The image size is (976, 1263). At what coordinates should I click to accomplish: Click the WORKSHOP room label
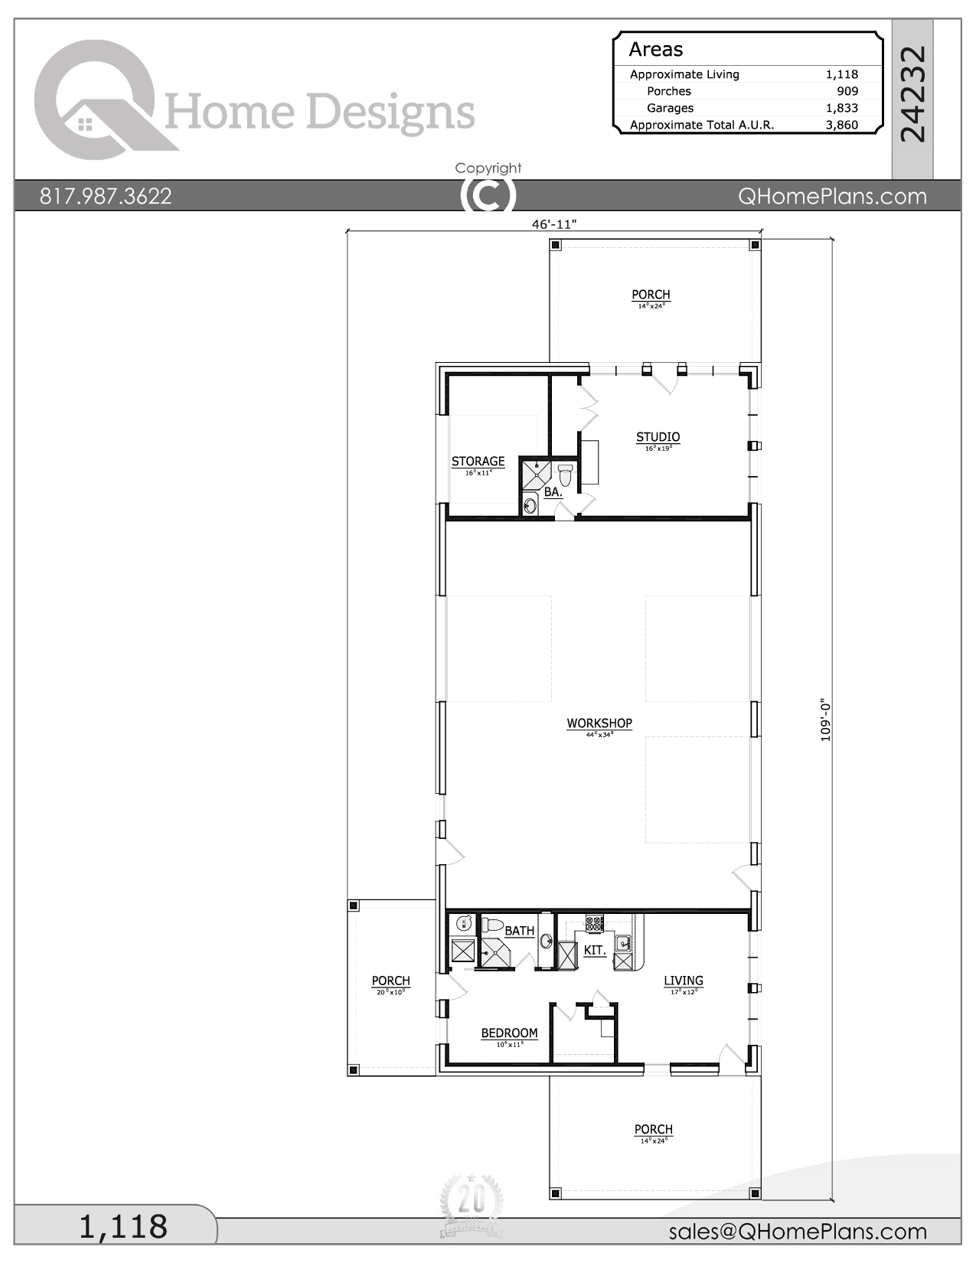click(599, 723)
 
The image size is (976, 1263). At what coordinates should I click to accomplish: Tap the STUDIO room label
click(658, 437)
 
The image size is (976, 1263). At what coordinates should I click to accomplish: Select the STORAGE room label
click(478, 461)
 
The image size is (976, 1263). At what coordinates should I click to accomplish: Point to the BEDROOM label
click(509, 1033)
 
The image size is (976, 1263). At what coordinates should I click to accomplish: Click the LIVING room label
click(683, 981)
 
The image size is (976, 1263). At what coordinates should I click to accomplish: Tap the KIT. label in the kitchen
click(595, 950)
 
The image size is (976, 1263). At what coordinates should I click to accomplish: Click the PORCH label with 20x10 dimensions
click(390, 981)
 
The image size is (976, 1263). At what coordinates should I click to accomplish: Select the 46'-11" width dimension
click(553, 224)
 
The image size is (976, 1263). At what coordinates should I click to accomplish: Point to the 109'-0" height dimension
click(825, 719)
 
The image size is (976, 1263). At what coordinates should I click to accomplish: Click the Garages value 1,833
click(841, 108)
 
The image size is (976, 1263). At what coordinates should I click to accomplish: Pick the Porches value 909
click(847, 91)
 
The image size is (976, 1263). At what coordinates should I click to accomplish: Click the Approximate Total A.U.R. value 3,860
click(841, 125)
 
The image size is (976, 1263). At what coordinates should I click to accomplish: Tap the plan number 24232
click(912, 94)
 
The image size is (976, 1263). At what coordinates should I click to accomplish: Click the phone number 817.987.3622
click(106, 196)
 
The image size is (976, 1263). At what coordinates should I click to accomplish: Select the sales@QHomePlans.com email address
click(798, 1232)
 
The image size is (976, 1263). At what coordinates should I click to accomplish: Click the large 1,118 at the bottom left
click(123, 1226)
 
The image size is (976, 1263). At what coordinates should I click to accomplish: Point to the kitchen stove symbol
click(595, 923)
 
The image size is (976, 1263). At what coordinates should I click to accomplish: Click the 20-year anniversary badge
click(472, 1206)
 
